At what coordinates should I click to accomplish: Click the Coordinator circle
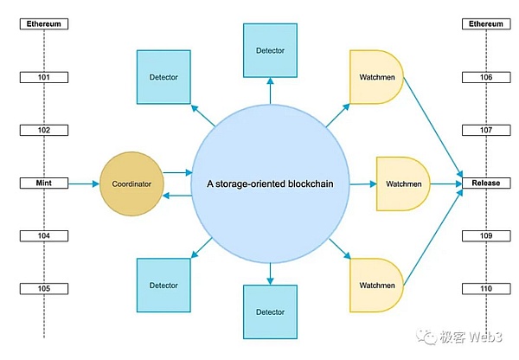click(131, 183)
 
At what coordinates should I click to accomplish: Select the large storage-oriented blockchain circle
click(270, 183)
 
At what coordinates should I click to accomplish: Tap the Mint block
click(43, 183)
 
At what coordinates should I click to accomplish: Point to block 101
click(43, 78)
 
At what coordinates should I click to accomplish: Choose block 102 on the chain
click(43, 131)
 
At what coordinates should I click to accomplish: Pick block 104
click(43, 235)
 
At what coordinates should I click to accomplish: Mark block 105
click(43, 288)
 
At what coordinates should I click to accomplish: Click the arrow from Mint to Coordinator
click(83, 183)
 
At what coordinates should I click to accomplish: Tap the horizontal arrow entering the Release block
click(445, 183)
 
